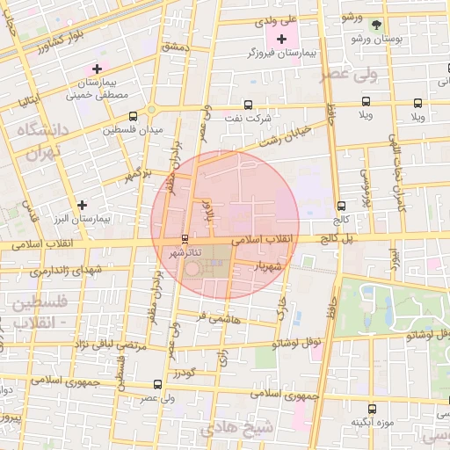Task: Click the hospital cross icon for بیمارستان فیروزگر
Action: [281, 40]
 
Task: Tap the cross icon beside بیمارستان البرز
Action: [82, 205]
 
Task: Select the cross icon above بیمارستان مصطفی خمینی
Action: [97, 68]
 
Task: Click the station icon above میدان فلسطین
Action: [133, 115]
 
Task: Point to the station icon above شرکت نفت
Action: [247, 104]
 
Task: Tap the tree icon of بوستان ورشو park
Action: [376, 25]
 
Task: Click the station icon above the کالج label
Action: [341, 206]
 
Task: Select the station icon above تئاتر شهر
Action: [184, 239]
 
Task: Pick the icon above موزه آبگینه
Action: [372, 408]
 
